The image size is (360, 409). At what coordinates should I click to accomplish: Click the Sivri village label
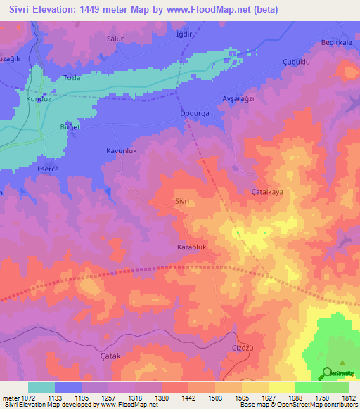183,201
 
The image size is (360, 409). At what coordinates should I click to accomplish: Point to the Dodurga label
195,113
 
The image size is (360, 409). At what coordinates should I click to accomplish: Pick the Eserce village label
48,169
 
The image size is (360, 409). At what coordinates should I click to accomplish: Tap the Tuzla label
72,78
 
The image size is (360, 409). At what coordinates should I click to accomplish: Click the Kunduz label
36,100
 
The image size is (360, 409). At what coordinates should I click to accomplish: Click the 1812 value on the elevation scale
349,398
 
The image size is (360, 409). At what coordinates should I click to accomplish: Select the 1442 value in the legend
188,398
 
